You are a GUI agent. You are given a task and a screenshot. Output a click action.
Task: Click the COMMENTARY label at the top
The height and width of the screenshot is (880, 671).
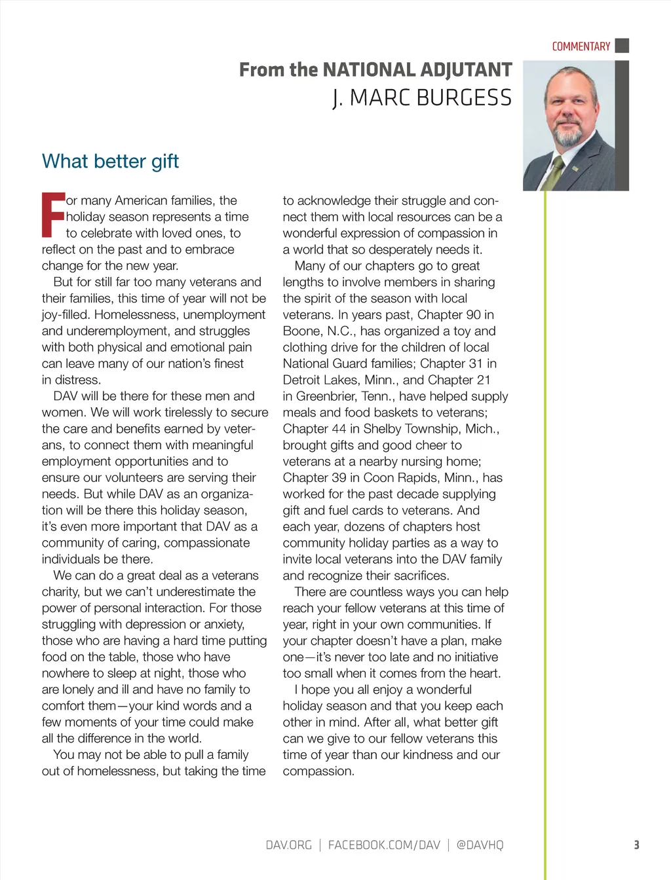(x=581, y=46)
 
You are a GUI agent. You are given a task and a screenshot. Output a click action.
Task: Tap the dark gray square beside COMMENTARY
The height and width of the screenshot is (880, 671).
(x=623, y=45)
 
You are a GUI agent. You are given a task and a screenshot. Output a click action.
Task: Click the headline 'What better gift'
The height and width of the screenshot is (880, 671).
(x=110, y=161)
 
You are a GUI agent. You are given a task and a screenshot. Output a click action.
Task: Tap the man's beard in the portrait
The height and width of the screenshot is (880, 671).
(x=567, y=137)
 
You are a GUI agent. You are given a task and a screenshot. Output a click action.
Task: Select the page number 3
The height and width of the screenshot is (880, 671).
(x=636, y=845)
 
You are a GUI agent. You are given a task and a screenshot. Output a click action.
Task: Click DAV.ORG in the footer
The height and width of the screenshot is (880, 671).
(x=288, y=845)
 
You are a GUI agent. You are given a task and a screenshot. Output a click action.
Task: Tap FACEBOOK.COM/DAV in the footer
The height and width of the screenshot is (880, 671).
(x=384, y=845)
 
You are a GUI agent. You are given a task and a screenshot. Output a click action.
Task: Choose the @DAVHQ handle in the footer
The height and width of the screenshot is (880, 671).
(x=480, y=845)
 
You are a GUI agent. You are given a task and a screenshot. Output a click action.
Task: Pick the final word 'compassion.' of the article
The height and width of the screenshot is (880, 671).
(x=318, y=771)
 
